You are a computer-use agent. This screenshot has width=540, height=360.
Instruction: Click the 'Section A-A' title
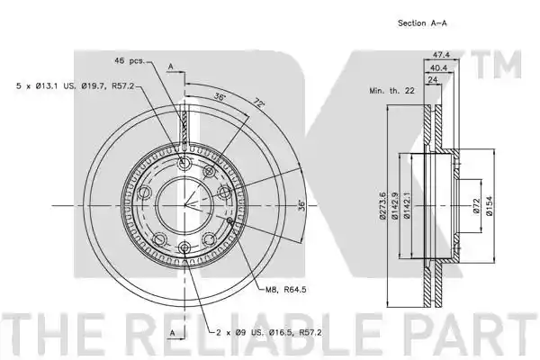pos(422,23)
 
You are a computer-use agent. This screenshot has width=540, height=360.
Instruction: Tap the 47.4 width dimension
pos(442,54)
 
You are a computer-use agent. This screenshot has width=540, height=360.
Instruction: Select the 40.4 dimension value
pos(438,67)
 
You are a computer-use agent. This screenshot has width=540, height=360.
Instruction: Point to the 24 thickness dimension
pos(433,79)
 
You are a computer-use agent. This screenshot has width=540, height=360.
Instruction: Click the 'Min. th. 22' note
pos(391,91)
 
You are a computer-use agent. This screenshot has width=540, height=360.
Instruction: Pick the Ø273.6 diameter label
pos(382,206)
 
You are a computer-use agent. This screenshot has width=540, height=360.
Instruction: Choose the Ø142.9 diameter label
pos(394,206)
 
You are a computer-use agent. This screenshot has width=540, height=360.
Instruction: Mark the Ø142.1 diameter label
pos(407,206)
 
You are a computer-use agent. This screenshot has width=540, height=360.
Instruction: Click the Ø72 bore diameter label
pos(476,206)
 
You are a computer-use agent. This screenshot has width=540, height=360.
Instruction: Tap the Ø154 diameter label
pos(489,206)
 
